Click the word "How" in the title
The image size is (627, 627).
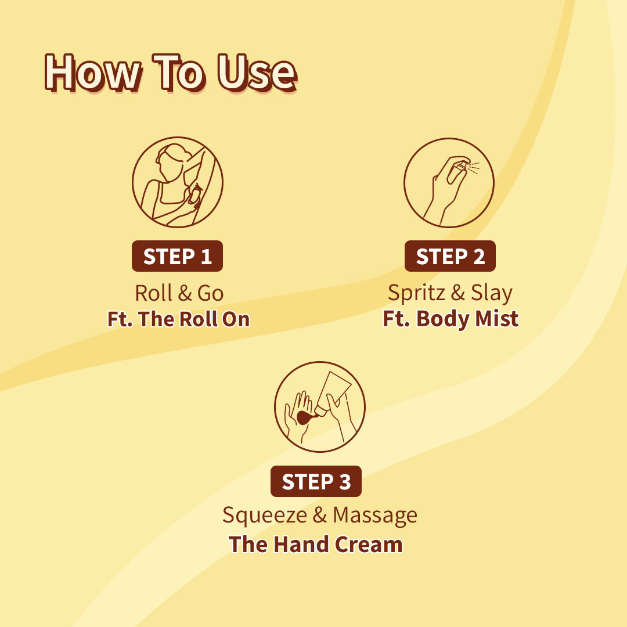(x=92, y=73)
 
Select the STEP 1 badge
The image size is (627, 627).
(x=177, y=256)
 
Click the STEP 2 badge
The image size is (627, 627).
(x=450, y=256)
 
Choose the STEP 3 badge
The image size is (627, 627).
(x=316, y=481)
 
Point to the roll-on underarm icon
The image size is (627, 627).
(x=177, y=182)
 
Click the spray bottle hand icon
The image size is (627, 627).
(x=449, y=182)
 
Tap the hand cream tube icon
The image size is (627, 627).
(x=319, y=406)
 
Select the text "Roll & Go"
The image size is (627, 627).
(x=179, y=293)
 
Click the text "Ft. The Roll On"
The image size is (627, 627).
(x=178, y=319)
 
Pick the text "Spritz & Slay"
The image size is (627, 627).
(x=450, y=293)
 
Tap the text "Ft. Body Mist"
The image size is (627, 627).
(x=451, y=319)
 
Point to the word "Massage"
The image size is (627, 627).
(x=375, y=516)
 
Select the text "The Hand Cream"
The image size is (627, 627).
(x=315, y=545)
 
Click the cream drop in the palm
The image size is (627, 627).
(x=303, y=417)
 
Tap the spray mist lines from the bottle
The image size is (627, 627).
(x=473, y=168)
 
